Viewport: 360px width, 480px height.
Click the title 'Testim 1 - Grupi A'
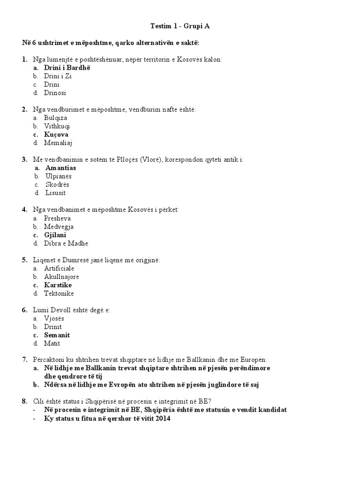pos(180,26)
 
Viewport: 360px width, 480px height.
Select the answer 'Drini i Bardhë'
pos(67,68)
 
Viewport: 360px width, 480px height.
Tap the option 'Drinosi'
pos(55,93)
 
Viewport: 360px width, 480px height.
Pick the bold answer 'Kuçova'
pos(56,135)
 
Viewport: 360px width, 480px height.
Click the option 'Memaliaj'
pos(58,143)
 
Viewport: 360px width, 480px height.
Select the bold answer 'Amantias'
pos(60,168)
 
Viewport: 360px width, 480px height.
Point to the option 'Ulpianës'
pos(59,176)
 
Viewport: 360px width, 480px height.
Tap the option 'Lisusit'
pos(55,193)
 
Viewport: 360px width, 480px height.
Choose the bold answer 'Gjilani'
pos(55,235)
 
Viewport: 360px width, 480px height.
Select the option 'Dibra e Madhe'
pos(66,244)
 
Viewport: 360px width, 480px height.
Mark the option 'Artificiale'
pos(59,269)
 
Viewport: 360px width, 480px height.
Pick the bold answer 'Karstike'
pos(58,285)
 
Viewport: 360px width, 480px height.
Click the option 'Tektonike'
pos(59,293)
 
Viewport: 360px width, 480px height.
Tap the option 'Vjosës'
pos(54,318)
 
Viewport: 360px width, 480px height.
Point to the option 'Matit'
pos(52,344)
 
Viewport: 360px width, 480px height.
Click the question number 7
pos(24,360)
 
